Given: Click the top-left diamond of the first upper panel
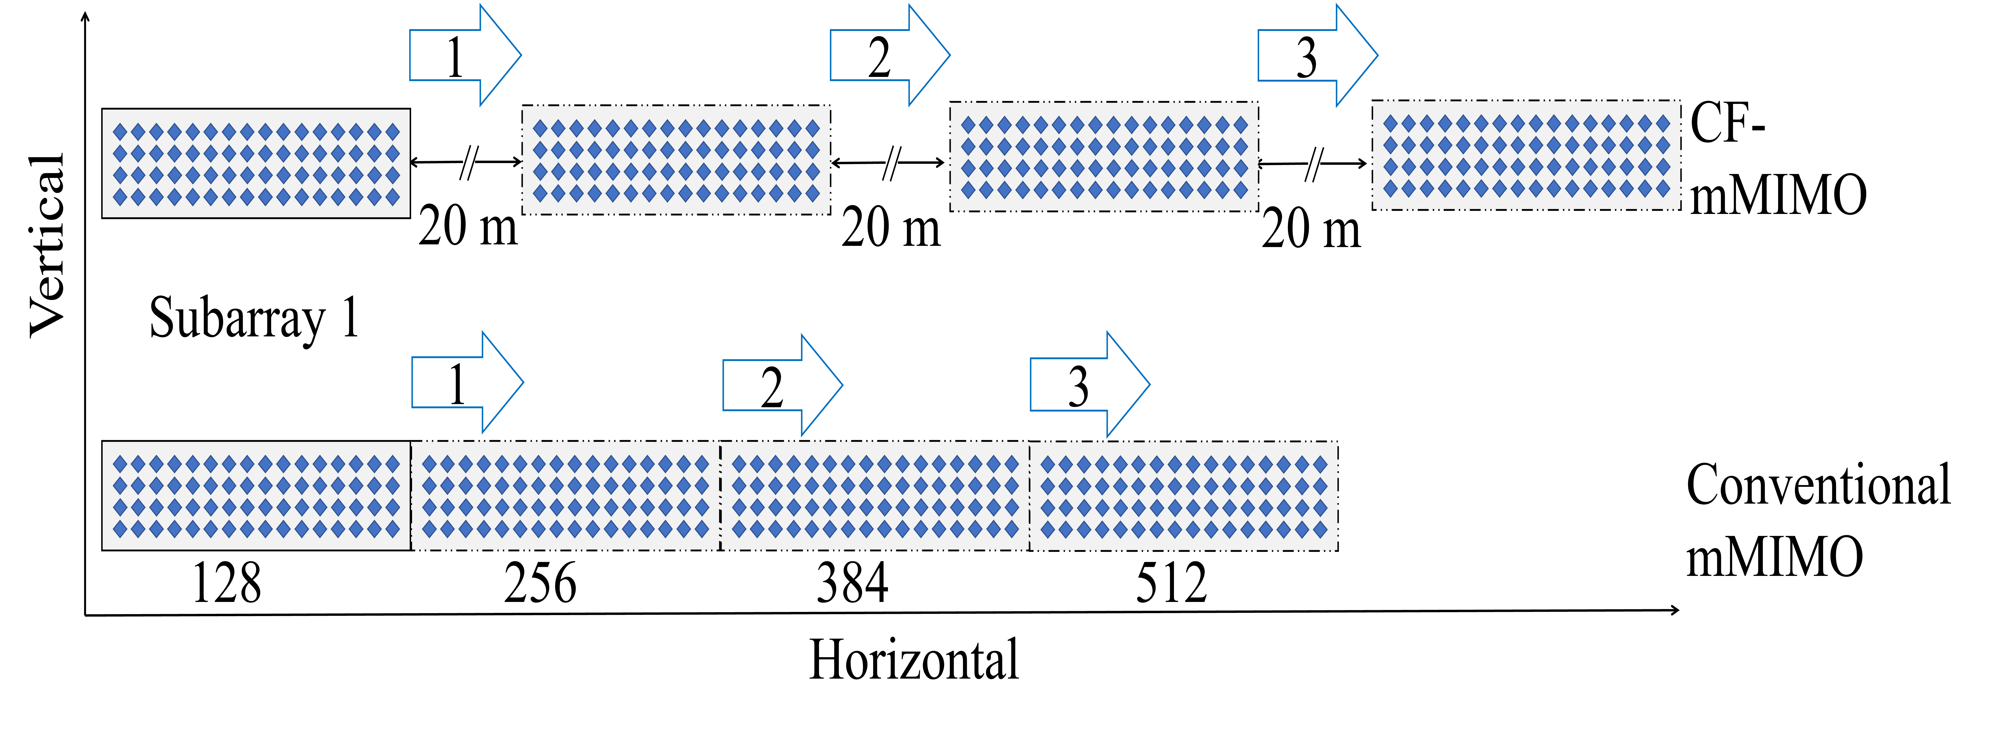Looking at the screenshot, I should [120, 131].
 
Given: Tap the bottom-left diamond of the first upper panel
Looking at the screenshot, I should [120, 197].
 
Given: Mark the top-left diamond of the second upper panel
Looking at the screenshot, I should [540, 128].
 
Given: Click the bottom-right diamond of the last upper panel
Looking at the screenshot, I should [1663, 188].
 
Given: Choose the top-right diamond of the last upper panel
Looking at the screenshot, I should [1663, 123].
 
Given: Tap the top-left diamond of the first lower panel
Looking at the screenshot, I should [120, 463].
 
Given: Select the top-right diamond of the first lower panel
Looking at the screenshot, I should [392, 463].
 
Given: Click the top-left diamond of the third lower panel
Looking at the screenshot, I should [739, 463].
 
